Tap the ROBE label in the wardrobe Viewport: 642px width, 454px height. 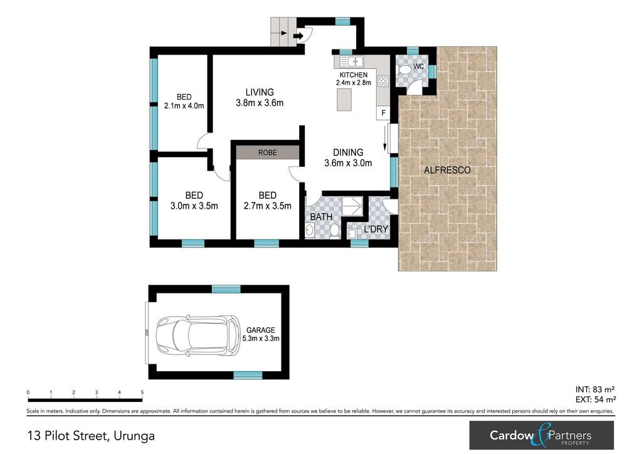pos(267,153)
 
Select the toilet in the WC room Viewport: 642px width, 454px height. pos(404,70)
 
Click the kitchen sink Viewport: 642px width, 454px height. pos(352,61)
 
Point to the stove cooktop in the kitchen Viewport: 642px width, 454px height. pos(383,81)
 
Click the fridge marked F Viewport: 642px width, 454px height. pos(383,113)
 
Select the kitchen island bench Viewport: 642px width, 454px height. pos(344,100)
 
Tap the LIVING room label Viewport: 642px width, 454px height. pos(260,92)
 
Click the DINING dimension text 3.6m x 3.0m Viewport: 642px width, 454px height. pos(348,163)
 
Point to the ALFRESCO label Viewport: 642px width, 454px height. pos(447,170)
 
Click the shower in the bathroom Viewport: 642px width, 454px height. pos(352,206)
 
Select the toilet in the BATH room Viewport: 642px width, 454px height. pos(334,231)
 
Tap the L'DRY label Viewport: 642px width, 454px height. pos(376,230)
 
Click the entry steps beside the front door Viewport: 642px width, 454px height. pos(283,33)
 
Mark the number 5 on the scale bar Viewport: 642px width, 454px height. pos(142,392)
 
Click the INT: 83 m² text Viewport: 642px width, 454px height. pos(595,389)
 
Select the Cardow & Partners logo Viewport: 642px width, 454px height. pos(542,435)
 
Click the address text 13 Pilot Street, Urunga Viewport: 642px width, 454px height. pos(91,436)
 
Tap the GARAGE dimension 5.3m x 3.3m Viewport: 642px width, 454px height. pos(261,339)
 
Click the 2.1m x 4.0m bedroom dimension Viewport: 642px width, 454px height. pos(184,105)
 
